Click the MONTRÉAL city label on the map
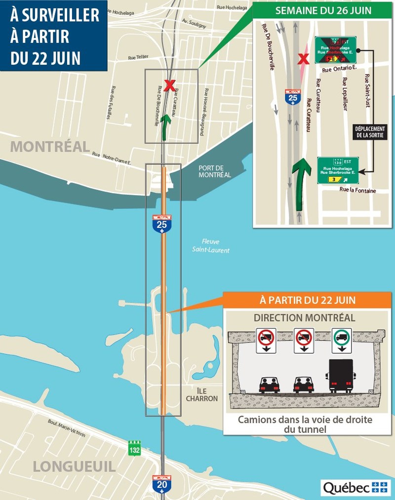[x=49, y=146]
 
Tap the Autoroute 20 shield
[x=161, y=483]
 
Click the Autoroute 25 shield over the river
[x=161, y=224]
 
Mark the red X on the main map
[x=169, y=85]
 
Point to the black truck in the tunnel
[x=340, y=376]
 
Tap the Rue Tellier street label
[x=139, y=58]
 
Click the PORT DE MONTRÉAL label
[x=214, y=171]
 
